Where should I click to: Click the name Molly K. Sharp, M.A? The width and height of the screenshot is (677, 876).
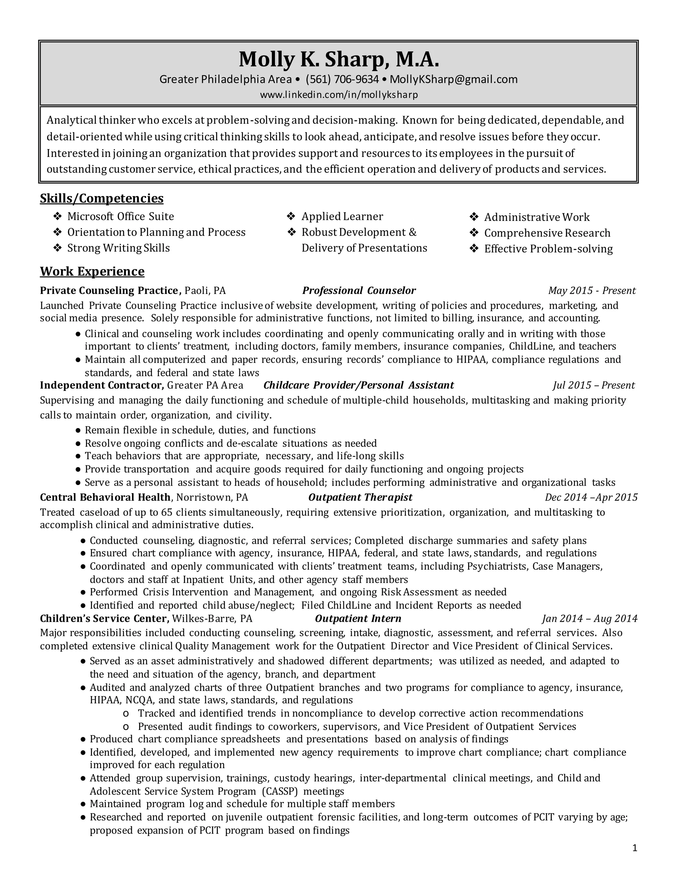click(339, 60)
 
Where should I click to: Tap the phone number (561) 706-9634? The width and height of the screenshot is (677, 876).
click(342, 79)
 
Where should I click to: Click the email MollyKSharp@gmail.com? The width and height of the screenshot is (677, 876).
click(453, 79)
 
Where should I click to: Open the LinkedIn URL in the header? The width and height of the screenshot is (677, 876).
click(339, 95)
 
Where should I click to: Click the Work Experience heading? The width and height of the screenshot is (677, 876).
click(92, 271)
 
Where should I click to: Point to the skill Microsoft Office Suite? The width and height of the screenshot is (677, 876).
click(120, 217)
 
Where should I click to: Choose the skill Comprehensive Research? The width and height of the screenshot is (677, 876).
click(547, 233)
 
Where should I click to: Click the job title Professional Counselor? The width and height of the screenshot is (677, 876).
click(359, 290)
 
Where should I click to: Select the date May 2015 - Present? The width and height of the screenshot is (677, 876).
click(592, 290)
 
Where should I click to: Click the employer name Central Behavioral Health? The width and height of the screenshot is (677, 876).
click(105, 498)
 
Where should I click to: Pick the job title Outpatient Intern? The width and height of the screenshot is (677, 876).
click(358, 618)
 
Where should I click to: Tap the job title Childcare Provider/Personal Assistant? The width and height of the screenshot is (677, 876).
click(359, 385)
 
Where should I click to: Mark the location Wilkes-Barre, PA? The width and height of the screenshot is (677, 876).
click(212, 618)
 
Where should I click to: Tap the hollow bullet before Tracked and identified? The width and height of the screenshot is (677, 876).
click(126, 714)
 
